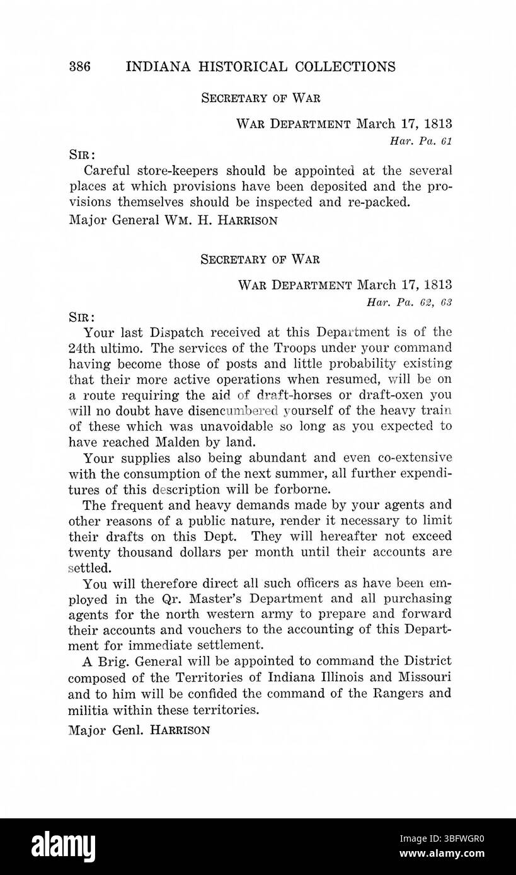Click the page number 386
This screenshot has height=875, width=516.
(81, 67)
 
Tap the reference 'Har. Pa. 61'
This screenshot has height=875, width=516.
(420, 141)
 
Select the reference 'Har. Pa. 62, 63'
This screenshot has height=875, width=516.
(409, 302)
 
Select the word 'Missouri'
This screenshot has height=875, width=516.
(423, 677)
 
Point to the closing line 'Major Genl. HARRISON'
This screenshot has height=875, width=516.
(140, 731)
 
